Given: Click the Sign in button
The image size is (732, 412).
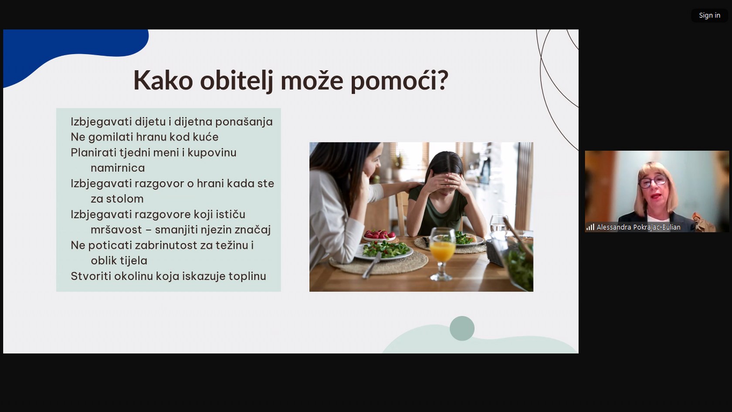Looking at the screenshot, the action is (x=709, y=15).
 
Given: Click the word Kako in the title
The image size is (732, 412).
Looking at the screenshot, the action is (x=163, y=80).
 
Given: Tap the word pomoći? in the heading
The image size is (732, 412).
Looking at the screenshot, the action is (x=399, y=81).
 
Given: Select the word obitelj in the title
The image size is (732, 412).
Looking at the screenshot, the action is (x=237, y=81).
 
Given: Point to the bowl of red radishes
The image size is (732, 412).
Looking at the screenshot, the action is (x=379, y=235).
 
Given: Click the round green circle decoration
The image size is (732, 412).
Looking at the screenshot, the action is (x=462, y=328).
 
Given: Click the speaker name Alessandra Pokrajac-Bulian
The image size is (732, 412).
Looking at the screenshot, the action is (x=639, y=227).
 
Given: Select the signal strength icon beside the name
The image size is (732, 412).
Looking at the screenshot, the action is (x=590, y=227).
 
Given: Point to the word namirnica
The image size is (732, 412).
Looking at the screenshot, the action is (x=118, y=168).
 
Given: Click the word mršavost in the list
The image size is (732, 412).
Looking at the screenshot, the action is (x=116, y=229).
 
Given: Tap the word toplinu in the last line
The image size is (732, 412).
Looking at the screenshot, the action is (x=247, y=276).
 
